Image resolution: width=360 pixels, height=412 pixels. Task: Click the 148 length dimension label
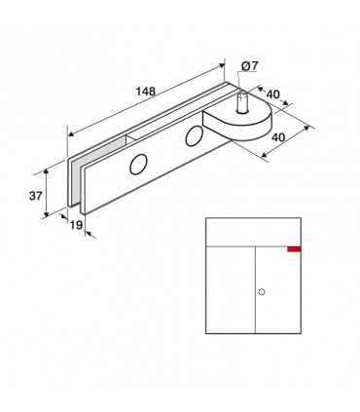point(146,92)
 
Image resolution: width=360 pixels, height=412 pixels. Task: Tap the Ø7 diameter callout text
point(249,66)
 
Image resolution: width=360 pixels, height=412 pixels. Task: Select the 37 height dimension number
point(36,196)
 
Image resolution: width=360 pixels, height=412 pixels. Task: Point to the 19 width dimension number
point(77,225)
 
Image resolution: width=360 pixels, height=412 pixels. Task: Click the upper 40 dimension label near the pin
point(272,94)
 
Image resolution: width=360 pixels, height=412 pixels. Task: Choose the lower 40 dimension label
point(278,137)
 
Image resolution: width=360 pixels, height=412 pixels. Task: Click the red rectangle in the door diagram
point(294,249)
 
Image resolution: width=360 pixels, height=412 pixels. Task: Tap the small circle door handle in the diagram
point(262,292)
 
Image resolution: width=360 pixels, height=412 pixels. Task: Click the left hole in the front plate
point(138,165)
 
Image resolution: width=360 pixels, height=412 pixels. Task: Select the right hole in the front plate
point(194,136)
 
